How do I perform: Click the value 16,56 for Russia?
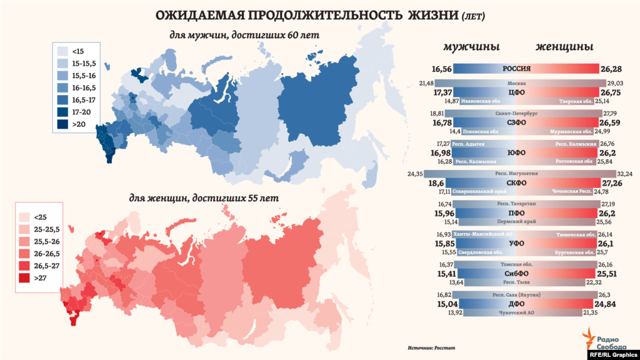(x=441, y=69)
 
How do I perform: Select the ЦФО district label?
(x=516, y=92)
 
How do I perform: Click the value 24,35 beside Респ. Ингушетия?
(x=416, y=174)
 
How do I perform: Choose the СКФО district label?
(x=516, y=183)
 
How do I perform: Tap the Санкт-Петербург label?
(x=516, y=114)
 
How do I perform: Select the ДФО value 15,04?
(x=441, y=304)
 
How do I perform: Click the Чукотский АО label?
(x=516, y=312)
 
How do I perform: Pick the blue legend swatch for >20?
(x=62, y=123)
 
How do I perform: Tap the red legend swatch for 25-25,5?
(x=25, y=229)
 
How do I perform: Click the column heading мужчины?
(x=471, y=47)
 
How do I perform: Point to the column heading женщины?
(x=564, y=47)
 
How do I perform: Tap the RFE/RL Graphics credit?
(x=612, y=354)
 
